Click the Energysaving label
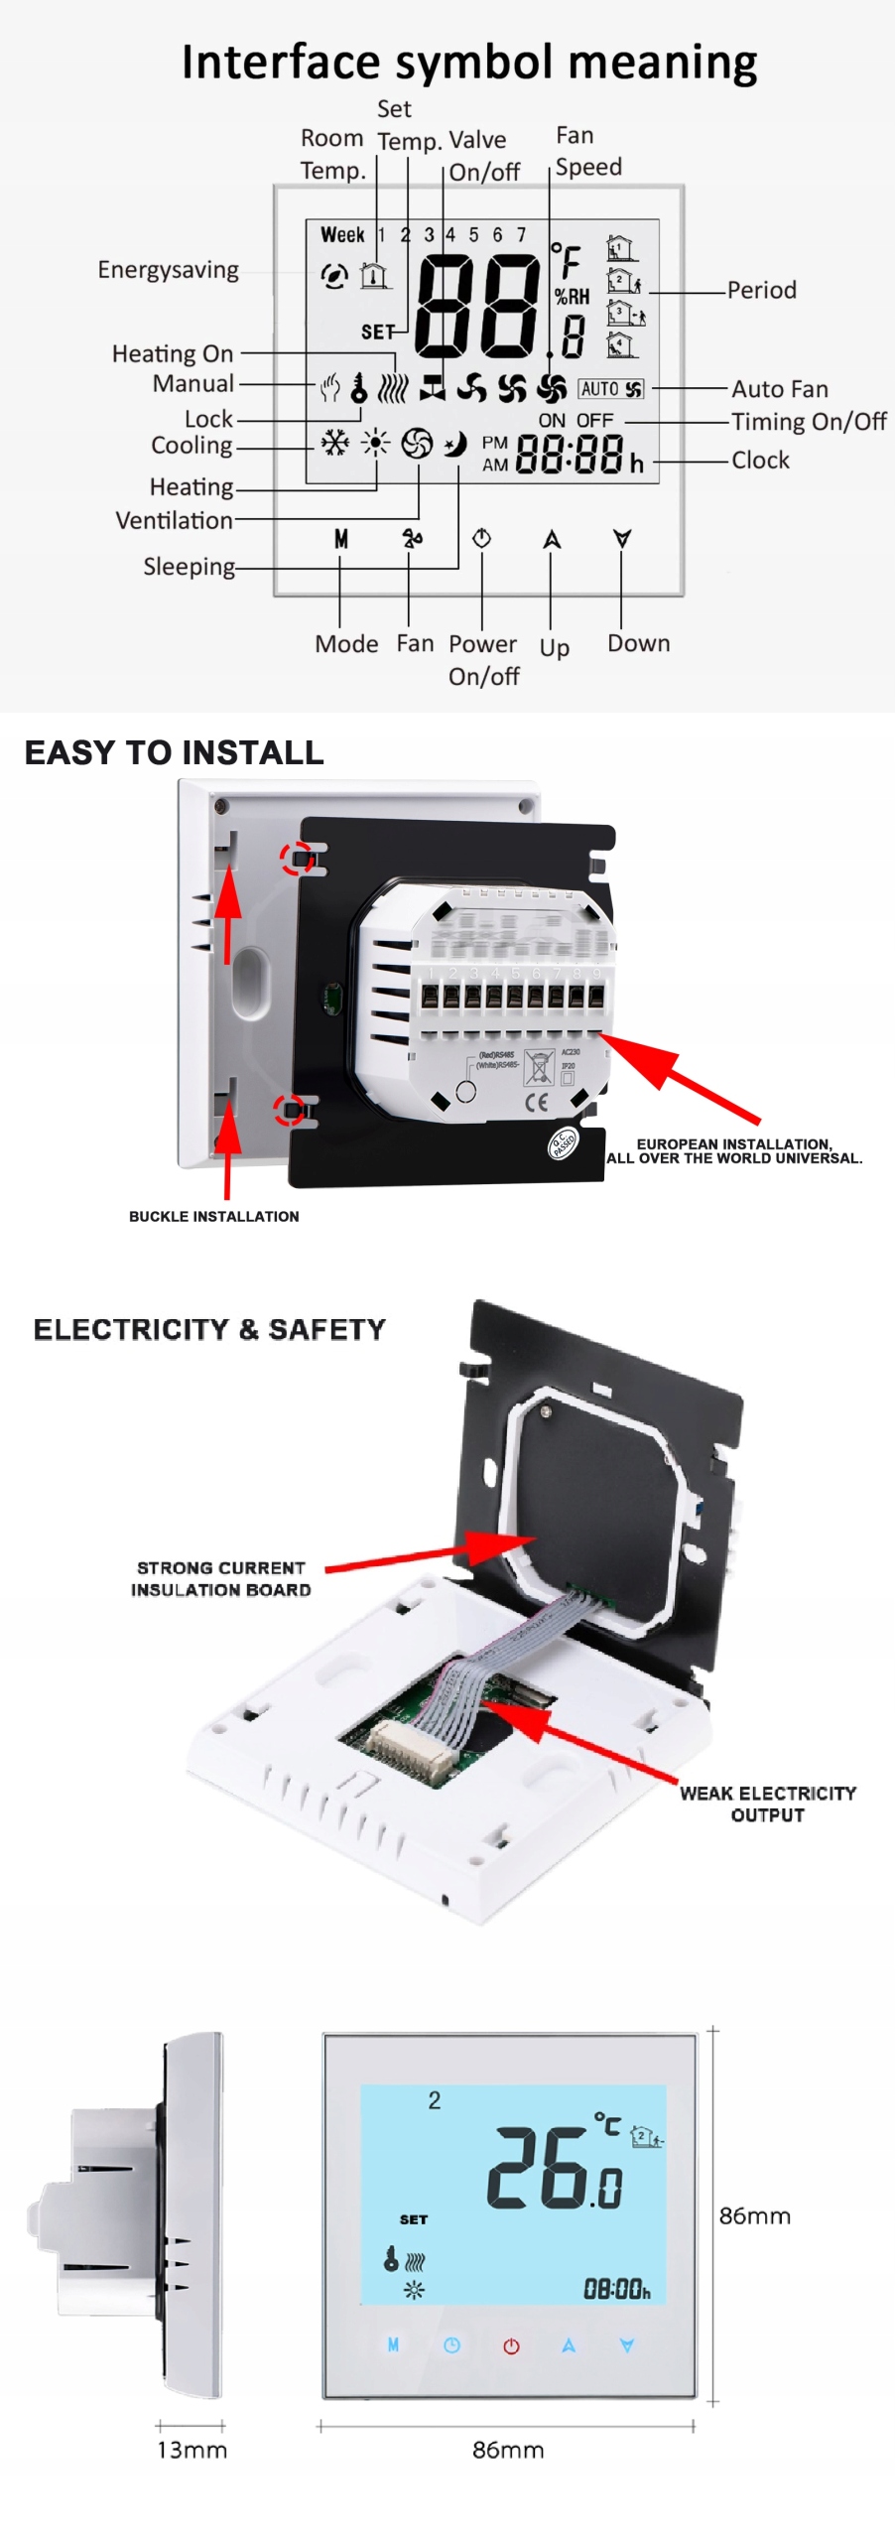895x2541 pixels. [168, 270]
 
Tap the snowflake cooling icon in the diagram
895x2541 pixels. [334, 443]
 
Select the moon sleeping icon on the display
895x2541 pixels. [455, 444]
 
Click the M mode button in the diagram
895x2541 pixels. [340, 539]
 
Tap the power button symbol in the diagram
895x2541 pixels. [482, 538]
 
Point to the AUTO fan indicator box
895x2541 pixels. [611, 389]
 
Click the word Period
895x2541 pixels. [761, 290]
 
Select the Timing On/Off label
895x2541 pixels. [809, 422]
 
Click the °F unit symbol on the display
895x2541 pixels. [567, 260]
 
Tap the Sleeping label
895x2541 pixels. [189, 567]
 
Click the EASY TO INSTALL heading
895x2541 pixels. [175, 752]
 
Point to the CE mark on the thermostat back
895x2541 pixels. [536, 1102]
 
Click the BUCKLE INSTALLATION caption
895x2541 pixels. [213, 1216]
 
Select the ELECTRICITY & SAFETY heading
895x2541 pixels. [209, 1329]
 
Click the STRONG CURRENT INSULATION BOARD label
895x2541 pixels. [220, 1578]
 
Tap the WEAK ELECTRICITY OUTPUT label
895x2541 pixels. [767, 1804]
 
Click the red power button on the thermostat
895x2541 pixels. [511, 2346]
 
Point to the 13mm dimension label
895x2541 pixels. [192, 2450]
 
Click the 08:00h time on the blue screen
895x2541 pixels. [616, 2290]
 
